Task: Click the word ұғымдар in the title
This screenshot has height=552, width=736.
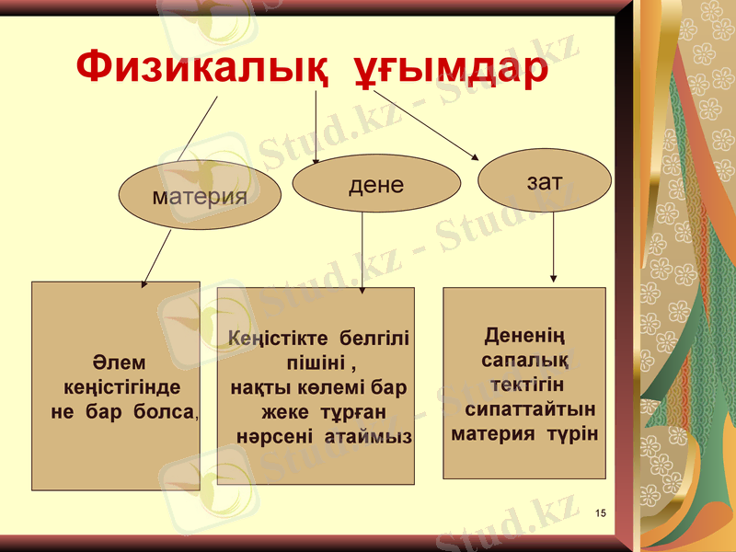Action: coord(451,69)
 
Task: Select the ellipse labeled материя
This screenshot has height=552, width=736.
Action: coord(200,196)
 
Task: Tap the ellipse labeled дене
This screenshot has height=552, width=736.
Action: coord(376,184)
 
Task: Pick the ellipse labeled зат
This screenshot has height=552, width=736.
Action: coord(545,181)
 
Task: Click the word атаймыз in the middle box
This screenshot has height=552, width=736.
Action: coord(367,434)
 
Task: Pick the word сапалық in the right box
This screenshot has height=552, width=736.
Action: coord(523,360)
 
